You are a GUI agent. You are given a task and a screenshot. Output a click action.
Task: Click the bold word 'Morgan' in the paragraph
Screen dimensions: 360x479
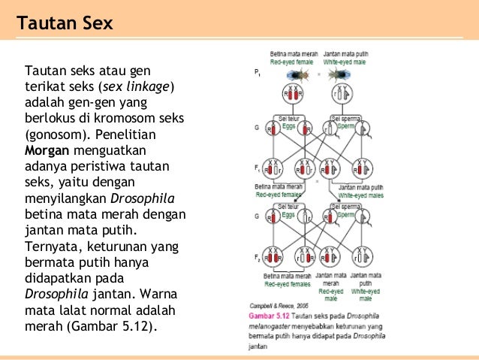(47, 149)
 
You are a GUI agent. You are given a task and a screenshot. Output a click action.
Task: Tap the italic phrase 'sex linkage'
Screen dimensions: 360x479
(143, 86)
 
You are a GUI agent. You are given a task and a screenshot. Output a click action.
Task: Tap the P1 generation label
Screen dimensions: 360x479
(258, 74)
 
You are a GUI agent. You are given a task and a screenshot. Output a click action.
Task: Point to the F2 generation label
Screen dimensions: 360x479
(257, 258)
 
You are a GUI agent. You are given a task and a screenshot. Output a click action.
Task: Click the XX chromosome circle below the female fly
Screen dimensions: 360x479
(291, 95)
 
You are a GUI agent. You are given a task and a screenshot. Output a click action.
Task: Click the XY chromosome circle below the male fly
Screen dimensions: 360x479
(342, 95)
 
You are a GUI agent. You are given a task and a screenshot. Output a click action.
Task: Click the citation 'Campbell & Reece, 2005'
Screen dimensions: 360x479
(276, 307)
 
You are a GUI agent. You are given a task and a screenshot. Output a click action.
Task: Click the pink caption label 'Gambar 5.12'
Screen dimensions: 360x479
(267, 316)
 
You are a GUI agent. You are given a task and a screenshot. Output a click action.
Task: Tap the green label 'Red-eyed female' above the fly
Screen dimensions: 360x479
(294, 62)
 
